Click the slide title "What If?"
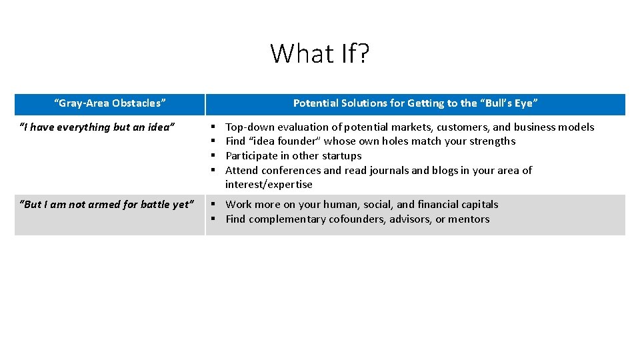(x=319, y=53)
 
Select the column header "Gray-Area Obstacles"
(x=110, y=103)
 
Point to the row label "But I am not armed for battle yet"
(x=107, y=205)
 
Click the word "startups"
(x=340, y=156)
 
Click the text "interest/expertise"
(x=269, y=185)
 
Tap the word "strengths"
(x=491, y=141)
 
